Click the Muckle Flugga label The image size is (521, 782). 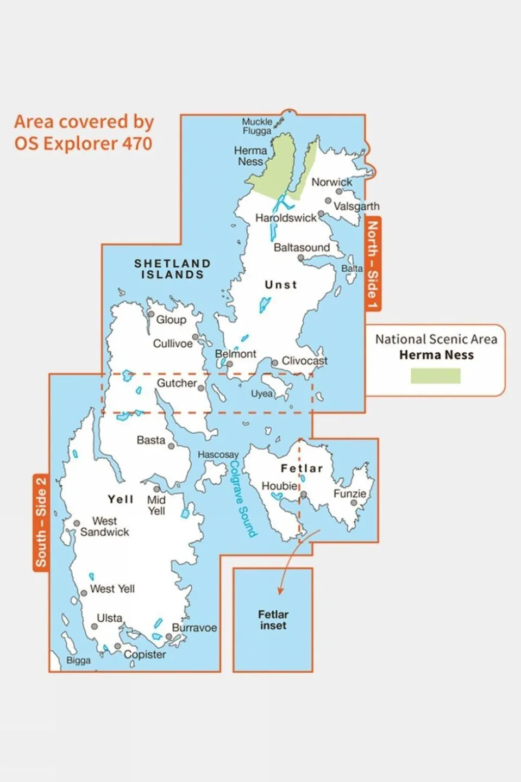click(257, 126)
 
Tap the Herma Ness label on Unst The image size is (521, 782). click(250, 156)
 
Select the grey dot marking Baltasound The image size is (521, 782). click(300, 258)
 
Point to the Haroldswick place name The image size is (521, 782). click(286, 218)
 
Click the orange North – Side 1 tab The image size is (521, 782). click(372, 264)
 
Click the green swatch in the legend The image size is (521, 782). click(435, 376)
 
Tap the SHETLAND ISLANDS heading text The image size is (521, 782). click(172, 269)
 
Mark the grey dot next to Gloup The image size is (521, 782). click(151, 314)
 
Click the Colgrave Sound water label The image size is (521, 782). click(242, 499)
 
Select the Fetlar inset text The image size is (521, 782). click(273, 620)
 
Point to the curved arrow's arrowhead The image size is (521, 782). click(280, 591)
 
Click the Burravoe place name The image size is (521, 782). click(194, 628)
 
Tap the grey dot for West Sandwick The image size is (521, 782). click(77, 523)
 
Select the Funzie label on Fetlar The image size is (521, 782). click(349, 493)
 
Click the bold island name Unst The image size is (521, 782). click(281, 285)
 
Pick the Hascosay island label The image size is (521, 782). click(218, 454)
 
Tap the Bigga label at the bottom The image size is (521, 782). click(78, 660)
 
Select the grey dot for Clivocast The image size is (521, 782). click(275, 362)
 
